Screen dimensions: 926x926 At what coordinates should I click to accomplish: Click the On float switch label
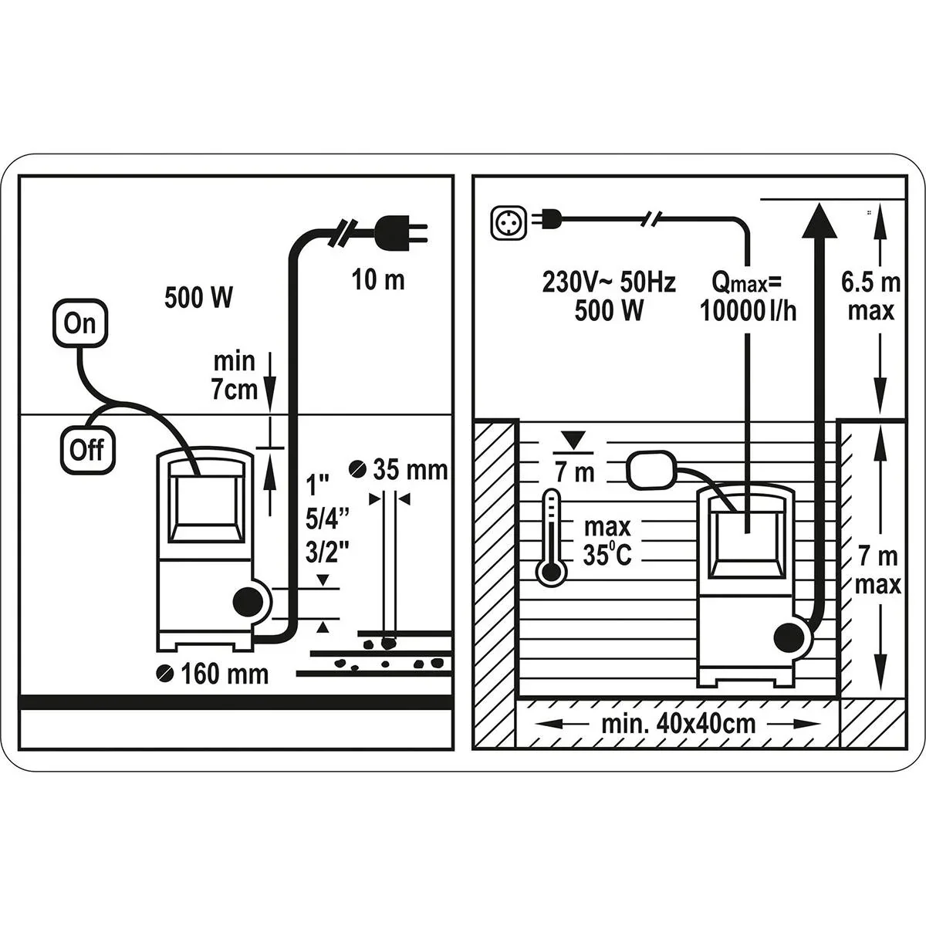pyautogui.click(x=79, y=323)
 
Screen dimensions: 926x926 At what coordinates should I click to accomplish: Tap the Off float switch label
pyautogui.click(x=87, y=449)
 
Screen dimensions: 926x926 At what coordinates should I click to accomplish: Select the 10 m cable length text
pyautogui.click(x=378, y=279)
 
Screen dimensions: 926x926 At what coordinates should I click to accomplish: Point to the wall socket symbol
pyautogui.click(x=506, y=221)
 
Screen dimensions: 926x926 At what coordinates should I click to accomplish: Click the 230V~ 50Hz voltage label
pyautogui.click(x=609, y=283)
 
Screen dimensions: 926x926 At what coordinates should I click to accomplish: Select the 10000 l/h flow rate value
pyautogui.click(x=747, y=310)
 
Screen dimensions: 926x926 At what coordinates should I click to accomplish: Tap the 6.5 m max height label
pyautogui.click(x=870, y=296)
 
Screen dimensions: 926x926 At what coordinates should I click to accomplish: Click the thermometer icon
pyautogui.click(x=550, y=537)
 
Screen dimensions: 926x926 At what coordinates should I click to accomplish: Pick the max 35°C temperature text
pyautogui.click(x=607, y=541)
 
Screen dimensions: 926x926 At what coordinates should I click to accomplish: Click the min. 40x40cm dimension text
pyautogui.click(x=678, y=725)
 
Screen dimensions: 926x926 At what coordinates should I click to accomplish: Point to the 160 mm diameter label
pyautogui.click(x=214, y=674)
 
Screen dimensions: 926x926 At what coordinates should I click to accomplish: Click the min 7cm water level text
pyautogui.click(x=235, y=375)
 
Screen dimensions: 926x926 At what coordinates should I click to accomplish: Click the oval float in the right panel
pyautogui.click(x=651, y=470)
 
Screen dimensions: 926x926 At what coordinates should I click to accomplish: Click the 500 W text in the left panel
pyautogui.click(x=198, y=298)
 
